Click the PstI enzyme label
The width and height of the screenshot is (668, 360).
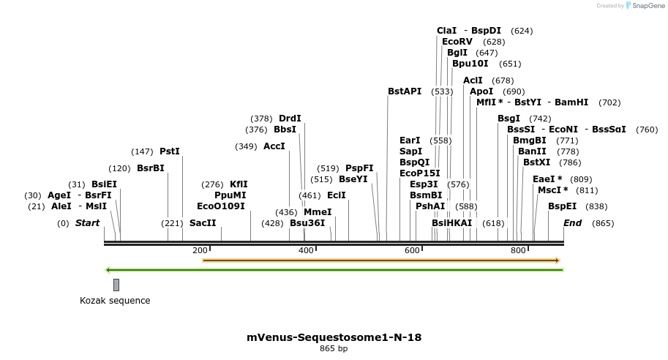click(x=169, y=151)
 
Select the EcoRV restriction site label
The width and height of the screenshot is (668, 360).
click(x=457, y=42)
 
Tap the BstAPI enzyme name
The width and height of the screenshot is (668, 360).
click(x=405, y=91)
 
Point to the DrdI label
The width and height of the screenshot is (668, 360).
click(x=290, y=119)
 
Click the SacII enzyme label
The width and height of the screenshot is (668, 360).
click(x=203, y=222)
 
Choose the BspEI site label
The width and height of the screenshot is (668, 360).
click(x=562, y=206)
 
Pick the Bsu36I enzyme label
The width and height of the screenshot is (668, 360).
click(x=307, y=222)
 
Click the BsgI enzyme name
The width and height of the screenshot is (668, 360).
click(x=508, y=119)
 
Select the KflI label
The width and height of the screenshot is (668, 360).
click(x=239, y=184)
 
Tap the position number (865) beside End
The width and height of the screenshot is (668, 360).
click(x=603, y=223)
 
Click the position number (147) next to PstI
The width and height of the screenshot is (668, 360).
click(x=142, y=152)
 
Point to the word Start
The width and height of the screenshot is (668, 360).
click(x=87, y=222)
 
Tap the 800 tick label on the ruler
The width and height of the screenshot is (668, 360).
click(x=518, y=250)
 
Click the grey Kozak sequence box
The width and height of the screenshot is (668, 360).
click(x=116, y=285)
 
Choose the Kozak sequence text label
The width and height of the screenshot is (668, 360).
click(x=115, y=301)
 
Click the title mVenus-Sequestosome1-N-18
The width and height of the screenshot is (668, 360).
click(x=334, y=337)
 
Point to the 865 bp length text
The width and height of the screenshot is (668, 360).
click(x=334, y=349)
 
